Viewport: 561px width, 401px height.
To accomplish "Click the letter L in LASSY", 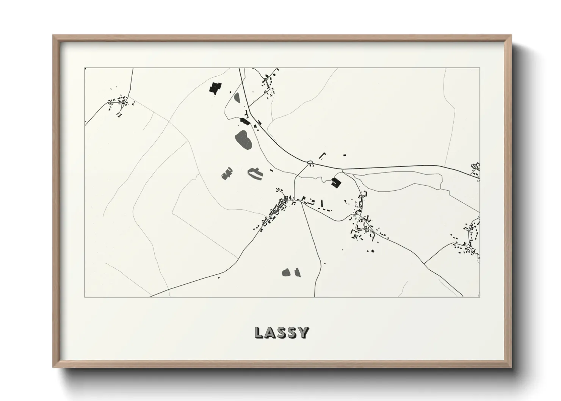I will pos(259,332).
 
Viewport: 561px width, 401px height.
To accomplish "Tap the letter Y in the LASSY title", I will pos(303,332).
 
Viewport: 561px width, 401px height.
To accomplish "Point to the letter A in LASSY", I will pos(270,332).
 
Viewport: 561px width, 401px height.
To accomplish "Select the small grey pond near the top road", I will pos(237,98).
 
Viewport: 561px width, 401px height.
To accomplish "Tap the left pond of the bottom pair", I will pos(286,272).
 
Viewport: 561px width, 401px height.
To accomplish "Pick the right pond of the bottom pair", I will pos(297,272).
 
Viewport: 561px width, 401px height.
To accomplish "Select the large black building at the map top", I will pos(215,88).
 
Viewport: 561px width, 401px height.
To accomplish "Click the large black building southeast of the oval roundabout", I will pos(335,182).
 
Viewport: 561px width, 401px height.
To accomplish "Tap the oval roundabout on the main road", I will pos(310,163).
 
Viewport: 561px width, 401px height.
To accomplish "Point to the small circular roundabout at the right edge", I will pos(469,246).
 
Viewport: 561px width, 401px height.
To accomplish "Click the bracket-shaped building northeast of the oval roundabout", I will pos(323,155).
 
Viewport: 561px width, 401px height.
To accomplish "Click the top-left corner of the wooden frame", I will pos(53,36).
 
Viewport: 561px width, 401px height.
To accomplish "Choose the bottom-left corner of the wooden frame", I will pos(53,368).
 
